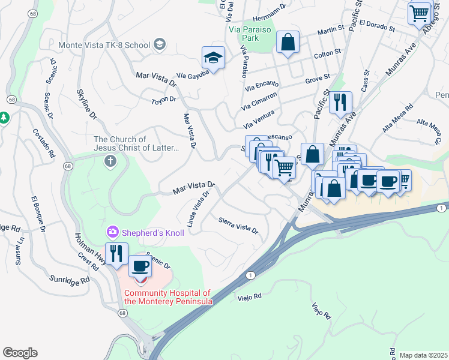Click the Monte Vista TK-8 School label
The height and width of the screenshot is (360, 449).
[x=104, y=45]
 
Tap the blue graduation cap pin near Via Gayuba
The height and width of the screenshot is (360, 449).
[x=213, y=58]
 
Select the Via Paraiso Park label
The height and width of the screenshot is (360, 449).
[x=251, y=28]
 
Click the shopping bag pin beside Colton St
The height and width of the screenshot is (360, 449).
[x=288, y=43]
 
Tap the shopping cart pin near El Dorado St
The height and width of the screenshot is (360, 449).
[x=419, y=13]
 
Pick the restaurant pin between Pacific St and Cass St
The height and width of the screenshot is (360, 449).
[x=342, y=102]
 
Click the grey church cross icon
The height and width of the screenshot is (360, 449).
[x=110, y=160]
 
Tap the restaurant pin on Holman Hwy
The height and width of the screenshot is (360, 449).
[x=116, y=253]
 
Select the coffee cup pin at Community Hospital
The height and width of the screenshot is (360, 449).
[x=140, y=266]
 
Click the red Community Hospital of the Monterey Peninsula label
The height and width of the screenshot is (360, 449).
[x=168, y=298]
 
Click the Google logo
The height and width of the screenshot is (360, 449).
[x=20, y=353]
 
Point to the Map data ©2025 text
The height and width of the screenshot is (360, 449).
[x=423, y=355]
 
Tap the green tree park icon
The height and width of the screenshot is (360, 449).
[x=4, y=118]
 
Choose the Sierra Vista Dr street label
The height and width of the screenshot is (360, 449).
[x=238, y=225]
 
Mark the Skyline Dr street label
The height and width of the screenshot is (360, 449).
[x=86, y=106]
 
